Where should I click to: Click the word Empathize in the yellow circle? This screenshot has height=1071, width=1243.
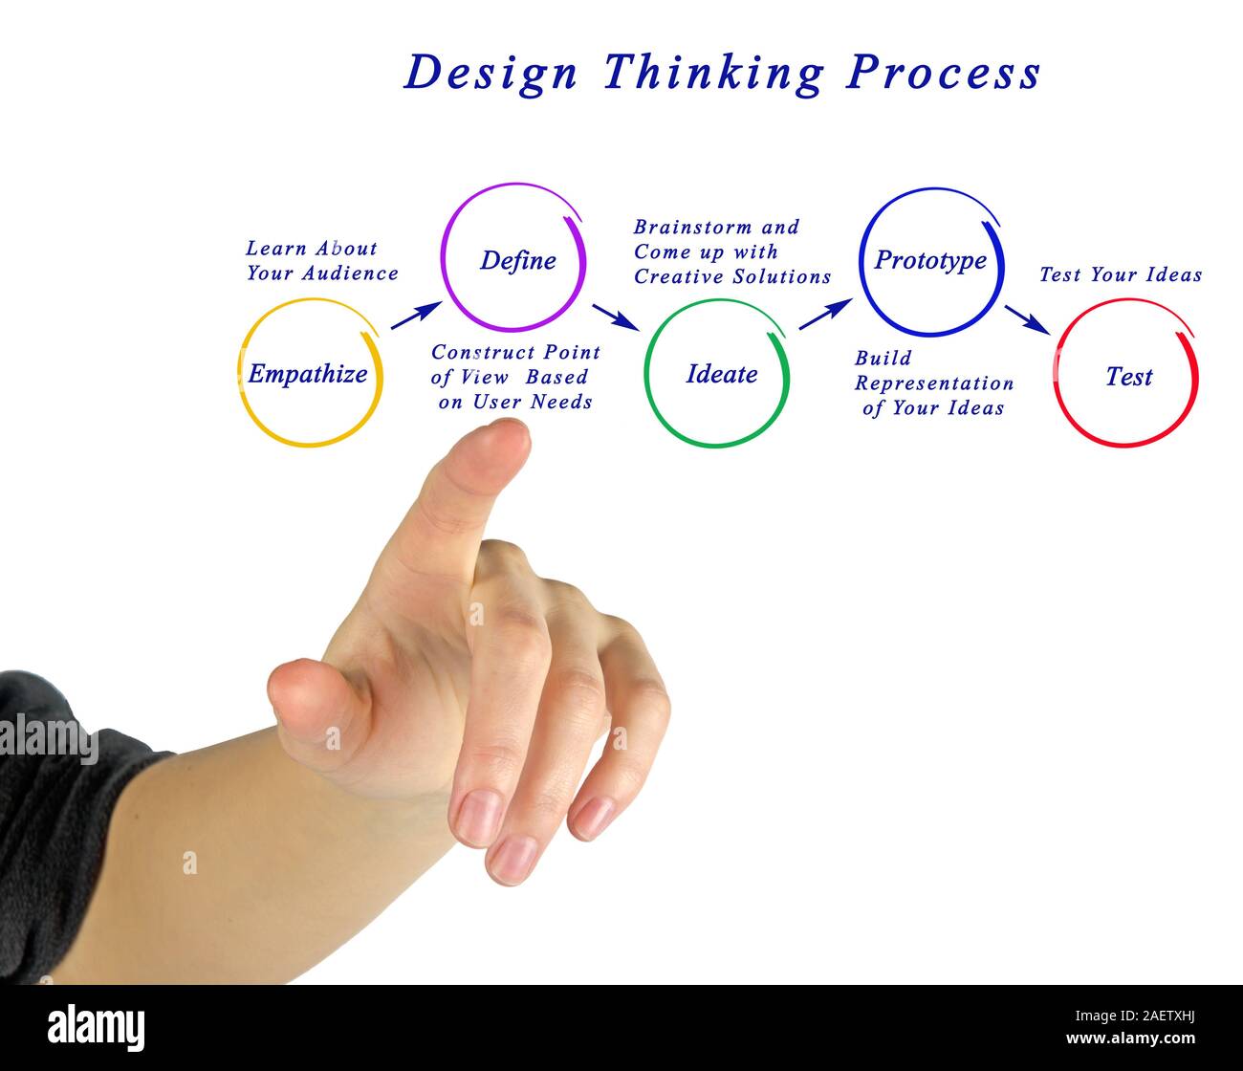click(307, 374)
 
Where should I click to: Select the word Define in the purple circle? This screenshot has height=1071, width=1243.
click(517, 260)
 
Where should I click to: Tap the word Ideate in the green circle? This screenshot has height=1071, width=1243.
click(721, 374)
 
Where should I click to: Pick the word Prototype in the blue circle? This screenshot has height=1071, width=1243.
click(930, 260)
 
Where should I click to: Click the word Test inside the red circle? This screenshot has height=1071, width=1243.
click(1128, 377)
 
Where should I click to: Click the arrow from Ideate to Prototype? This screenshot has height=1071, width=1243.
click(824, 314)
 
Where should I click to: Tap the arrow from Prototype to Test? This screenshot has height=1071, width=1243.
click(1028, 319)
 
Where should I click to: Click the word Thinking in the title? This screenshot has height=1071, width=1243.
click(712, 74)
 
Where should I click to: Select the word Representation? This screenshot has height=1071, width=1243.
click(933, 383)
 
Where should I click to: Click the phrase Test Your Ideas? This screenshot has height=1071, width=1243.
click(1121, 275)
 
